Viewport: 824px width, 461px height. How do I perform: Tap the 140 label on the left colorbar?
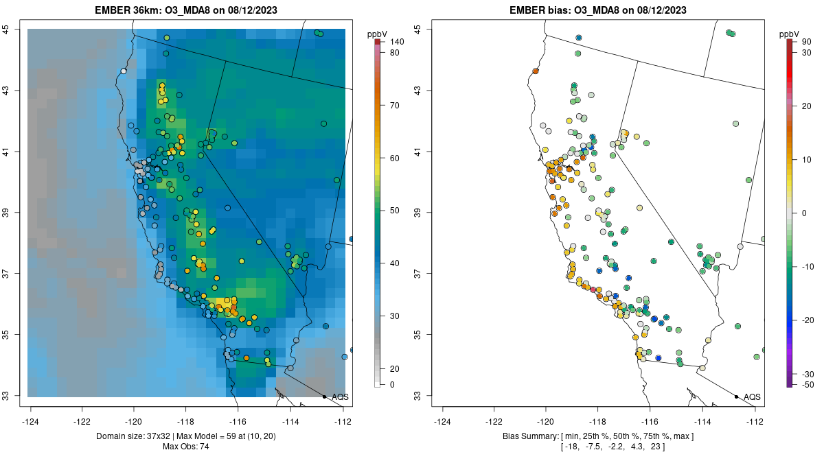coord(397,43)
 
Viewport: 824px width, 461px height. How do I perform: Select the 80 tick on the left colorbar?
coord(397,53)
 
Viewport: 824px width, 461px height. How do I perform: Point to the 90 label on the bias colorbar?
coord(807,43)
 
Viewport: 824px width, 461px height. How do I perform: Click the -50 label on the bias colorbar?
coord(809,384)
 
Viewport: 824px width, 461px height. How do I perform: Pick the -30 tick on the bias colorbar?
coord(809,374)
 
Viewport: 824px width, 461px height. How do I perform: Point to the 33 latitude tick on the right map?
coord(418,396)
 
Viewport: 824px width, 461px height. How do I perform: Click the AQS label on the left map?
coord(340,397)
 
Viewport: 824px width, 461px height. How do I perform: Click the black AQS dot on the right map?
coord(736,397)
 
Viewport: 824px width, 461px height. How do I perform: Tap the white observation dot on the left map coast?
coord(124,71)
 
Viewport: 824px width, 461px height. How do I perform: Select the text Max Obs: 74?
coord(186,447)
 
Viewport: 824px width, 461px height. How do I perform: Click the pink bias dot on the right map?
coord(593,289)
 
